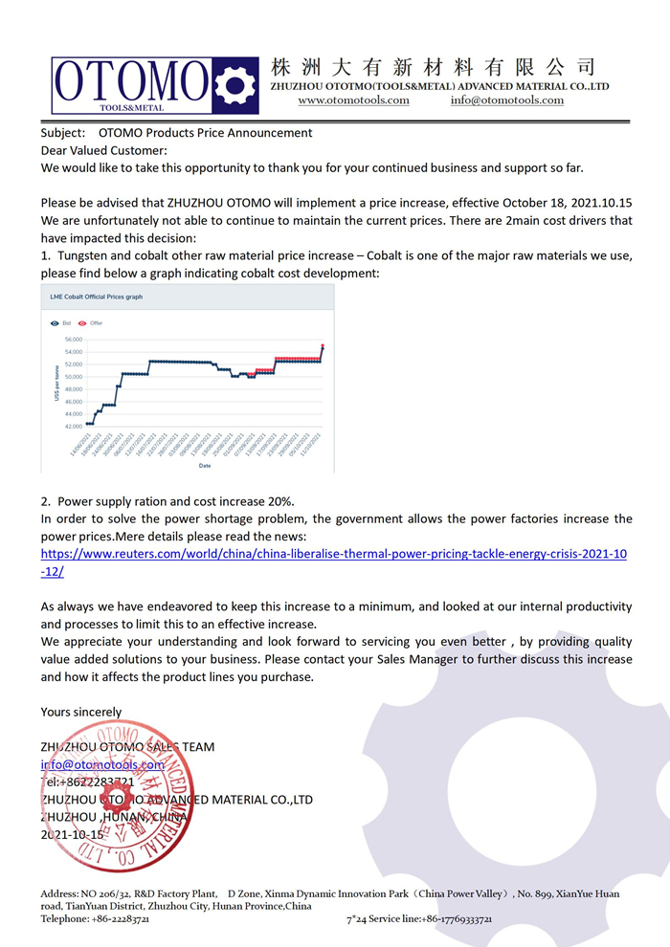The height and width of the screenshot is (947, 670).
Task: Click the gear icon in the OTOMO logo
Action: [235, 85]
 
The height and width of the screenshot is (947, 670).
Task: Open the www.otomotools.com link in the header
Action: [353, 100]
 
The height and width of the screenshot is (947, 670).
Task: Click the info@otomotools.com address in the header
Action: [507, 100]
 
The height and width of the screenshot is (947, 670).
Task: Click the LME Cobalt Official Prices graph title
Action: [96, 297]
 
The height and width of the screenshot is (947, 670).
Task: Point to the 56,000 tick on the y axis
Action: [73, 340]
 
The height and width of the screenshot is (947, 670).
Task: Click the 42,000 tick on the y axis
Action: [73, 427]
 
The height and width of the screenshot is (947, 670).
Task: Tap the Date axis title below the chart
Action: [205, 466]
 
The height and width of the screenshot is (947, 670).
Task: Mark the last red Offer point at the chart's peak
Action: [323, 345]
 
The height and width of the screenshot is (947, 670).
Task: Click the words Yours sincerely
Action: [81, 712]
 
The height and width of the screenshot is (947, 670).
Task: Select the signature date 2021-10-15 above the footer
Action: [72, 834]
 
